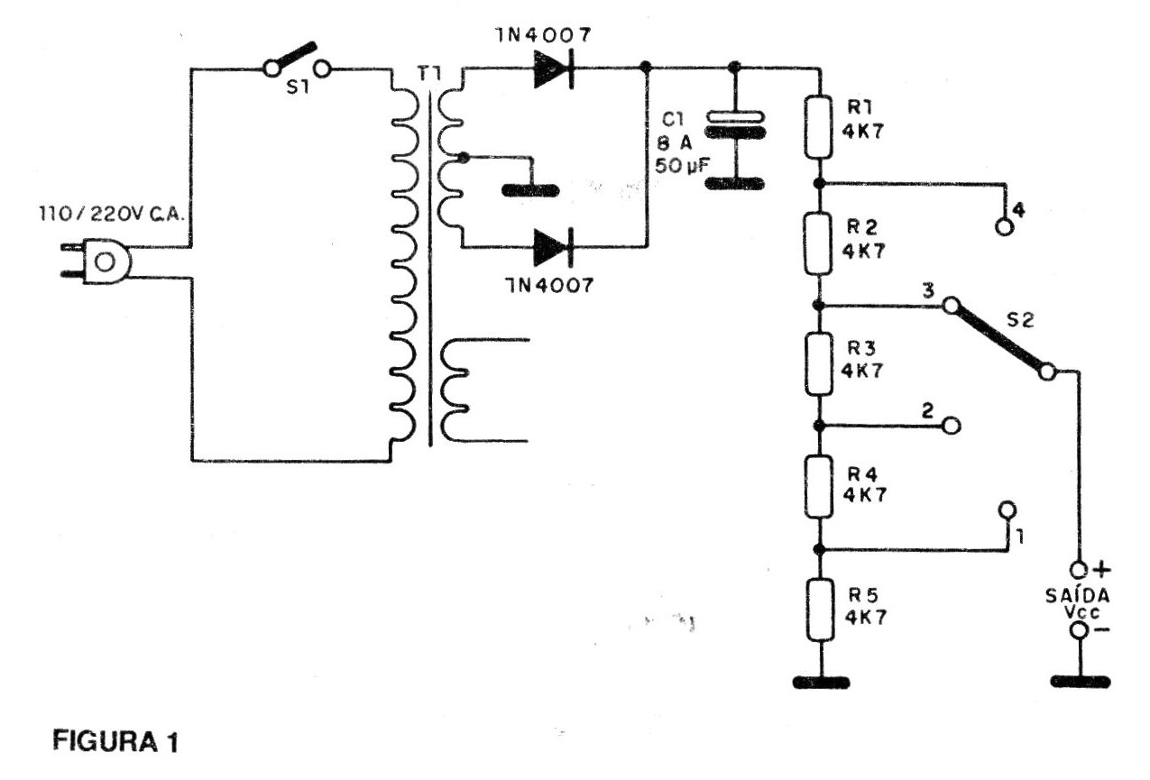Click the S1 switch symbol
(296, 60)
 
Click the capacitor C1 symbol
(734, 125)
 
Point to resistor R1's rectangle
(819, 127)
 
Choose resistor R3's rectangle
(819, 364)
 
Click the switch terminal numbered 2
(952, 425)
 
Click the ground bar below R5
(820, 683)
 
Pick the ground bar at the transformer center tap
(530, 190)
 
